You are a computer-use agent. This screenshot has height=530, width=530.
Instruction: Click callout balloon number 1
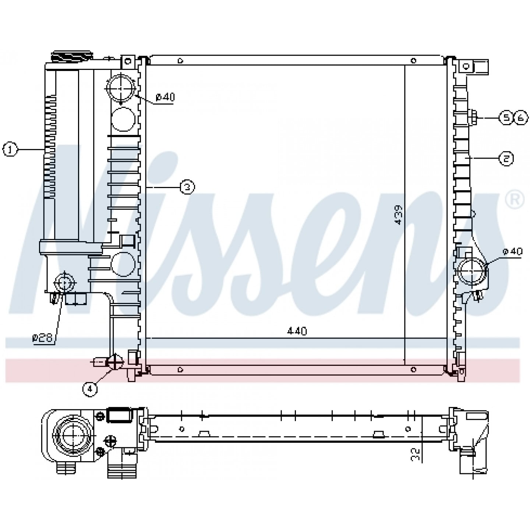point(10,150)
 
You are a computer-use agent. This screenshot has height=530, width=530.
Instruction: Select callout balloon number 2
point(506,159)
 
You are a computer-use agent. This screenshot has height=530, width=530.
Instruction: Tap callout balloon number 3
point(187,187)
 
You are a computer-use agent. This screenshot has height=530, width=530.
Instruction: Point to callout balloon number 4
point(90,389)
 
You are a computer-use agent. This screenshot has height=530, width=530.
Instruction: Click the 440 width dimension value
point(297,331)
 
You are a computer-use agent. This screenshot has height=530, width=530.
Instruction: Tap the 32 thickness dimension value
point(416,454)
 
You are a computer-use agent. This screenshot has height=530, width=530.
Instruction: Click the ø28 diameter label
point(43,338)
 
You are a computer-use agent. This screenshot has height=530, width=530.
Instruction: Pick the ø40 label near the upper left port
point(165,98)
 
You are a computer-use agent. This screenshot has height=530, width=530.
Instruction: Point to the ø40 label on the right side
point(512,252)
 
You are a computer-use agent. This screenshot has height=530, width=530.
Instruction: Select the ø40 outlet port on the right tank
point(471,272)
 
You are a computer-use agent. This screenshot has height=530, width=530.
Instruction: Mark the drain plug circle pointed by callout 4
point(114,362)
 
